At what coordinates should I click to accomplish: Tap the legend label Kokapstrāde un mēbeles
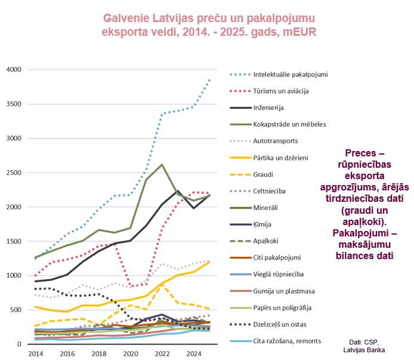[x=290, y=125]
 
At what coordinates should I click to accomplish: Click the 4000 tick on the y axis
[x=14, y=69]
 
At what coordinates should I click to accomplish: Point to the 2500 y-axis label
[x=14, y=173]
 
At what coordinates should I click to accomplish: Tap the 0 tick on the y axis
[x=19, y=344]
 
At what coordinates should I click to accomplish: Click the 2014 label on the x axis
[x=36, y=353]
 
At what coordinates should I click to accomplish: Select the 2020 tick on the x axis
[x=131, y=353]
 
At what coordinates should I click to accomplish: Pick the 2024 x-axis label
[x=194, y=353]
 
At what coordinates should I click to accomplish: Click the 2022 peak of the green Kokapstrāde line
[x=162, y=164]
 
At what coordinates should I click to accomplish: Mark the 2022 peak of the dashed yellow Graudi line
[x=162, y=284]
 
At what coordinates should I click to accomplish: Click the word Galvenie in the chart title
[x=126, y=19]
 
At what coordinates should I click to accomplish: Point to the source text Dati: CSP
[x=364, y=342]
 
